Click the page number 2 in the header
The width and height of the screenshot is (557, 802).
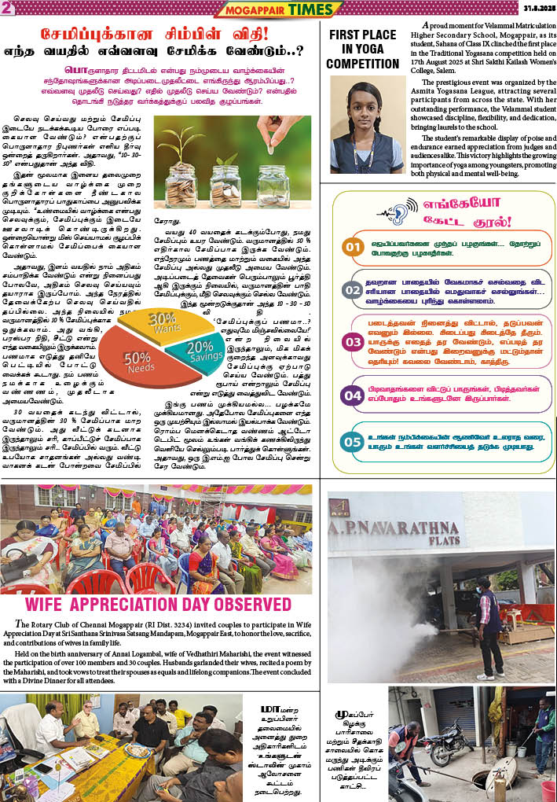[6, 8]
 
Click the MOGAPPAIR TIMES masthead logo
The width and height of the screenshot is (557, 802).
[279, 9]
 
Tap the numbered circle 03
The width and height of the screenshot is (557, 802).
[353, 342]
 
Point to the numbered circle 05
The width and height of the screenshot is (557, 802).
[353, 442]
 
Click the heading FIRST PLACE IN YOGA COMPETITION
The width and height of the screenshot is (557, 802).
[362, 50]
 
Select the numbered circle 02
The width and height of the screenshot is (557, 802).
[353, 289]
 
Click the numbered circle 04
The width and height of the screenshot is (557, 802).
[353, 395]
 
